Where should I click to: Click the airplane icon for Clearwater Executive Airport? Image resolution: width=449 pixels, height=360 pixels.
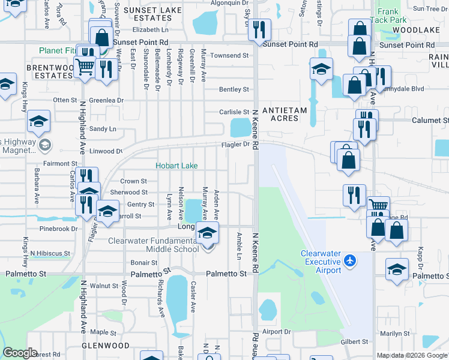[x=351, y=261]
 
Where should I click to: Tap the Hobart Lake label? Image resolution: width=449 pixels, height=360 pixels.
[x=176, y=166]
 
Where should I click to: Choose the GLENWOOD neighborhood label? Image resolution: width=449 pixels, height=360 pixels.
[x=106, y=346]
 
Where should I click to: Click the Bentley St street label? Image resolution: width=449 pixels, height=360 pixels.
[x=234, y=89]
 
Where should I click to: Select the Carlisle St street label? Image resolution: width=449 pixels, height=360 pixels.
[x=234, y=112]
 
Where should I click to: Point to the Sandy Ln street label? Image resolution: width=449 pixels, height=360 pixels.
[x=103, y=129]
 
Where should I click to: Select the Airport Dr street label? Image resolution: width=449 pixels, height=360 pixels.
[x=276, y=331]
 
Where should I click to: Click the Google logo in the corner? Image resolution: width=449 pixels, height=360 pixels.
[x=20, y=353]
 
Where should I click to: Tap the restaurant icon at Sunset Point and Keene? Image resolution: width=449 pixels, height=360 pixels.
[x=259, y=29]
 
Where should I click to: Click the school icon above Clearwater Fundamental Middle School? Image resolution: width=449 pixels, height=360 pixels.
[x=208, y=233]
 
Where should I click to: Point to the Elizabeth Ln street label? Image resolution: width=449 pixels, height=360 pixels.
[x=151, y=29]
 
